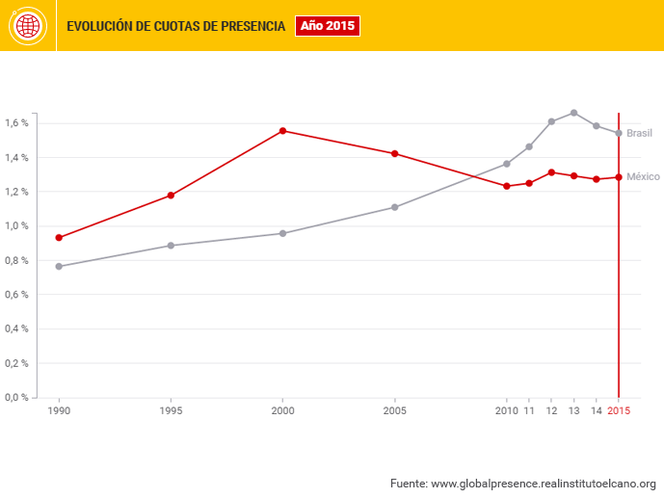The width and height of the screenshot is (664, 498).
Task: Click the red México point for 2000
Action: click(282, 131)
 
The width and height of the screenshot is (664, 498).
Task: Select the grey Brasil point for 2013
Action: click(573, 113)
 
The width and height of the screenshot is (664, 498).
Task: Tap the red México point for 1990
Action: click(59, 237)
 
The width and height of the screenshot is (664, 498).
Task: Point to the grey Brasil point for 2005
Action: click(394, 207)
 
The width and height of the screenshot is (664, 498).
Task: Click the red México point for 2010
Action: click(507, 186)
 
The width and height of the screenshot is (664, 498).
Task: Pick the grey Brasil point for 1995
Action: click(171, 246)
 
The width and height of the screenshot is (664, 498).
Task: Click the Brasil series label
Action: click(639, 133)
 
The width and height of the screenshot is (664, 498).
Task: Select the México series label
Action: click(643, 177)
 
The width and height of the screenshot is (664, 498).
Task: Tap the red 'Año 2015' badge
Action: click(327, 26)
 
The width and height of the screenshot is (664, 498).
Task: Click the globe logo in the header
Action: click(27, 26)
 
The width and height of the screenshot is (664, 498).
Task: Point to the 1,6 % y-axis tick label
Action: click(16, 123)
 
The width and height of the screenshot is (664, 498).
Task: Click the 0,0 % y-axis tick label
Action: click(16, 397)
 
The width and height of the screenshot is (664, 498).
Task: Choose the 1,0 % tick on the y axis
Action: click(16, 226)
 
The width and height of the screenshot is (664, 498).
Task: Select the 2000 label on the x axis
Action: click(282, 411)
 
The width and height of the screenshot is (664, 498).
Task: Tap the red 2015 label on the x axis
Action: click(618, 411)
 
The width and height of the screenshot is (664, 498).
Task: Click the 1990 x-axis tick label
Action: click(59, 411)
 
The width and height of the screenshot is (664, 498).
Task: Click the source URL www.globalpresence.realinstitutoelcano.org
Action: click(543, 483)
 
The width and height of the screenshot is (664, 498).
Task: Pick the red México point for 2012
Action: click(551, 172)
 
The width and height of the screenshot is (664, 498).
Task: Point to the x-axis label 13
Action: click(573, 411)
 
